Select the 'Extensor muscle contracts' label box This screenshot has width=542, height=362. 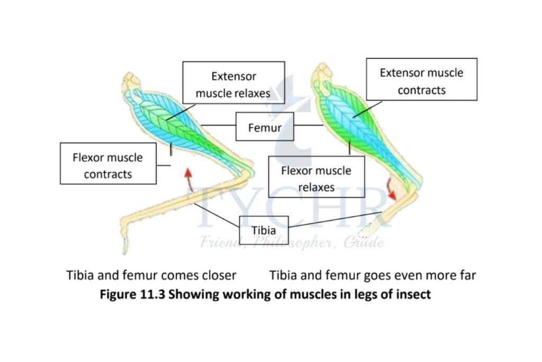click(421, 81)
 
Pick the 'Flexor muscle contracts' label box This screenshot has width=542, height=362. click(108, 165)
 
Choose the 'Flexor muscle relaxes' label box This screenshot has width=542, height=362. click(316, 179)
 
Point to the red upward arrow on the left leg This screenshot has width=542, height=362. click(187, 179)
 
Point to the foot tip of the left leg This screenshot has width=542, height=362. click(125, 245)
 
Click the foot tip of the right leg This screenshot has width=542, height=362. click(361, 233)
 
